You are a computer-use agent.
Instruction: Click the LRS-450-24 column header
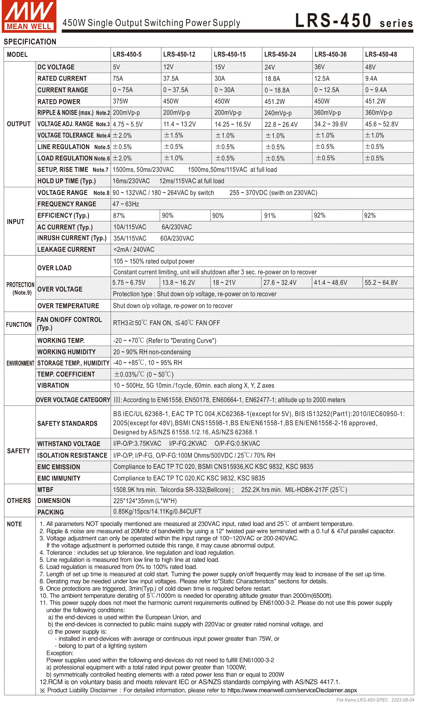click(280, 54)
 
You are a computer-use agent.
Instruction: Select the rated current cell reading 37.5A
click(171, 79)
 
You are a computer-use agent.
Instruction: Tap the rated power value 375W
click(121, 101)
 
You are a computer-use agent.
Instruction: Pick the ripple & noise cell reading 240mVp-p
click(278, 113)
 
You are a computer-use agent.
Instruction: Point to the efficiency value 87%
click(119, 216)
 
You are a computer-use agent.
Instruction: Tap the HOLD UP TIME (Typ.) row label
click(67, 181)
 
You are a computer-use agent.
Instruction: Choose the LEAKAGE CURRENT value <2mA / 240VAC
click(134, 250)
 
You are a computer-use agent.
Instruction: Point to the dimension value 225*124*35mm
click(145, 501)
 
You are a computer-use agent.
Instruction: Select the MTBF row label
click(45, 490)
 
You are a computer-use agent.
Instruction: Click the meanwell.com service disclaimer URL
click(292, 690)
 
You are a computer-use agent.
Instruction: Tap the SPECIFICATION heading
click(30, 42)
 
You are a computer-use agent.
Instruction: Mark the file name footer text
click(375, 700)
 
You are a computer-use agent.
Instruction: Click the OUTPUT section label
click(19, 124)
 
